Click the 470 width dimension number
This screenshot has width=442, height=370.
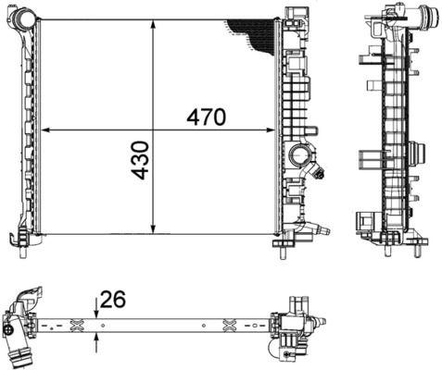206,118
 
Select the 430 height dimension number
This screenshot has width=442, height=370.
140,160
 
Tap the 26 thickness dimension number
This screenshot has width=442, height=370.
113,300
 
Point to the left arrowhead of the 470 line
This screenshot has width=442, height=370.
46,129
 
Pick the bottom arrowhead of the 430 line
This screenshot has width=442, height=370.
154,232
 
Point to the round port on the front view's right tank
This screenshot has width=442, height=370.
299,154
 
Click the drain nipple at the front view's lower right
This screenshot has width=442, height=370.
320,229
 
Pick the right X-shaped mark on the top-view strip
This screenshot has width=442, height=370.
230,323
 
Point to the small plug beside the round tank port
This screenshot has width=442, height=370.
320,171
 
